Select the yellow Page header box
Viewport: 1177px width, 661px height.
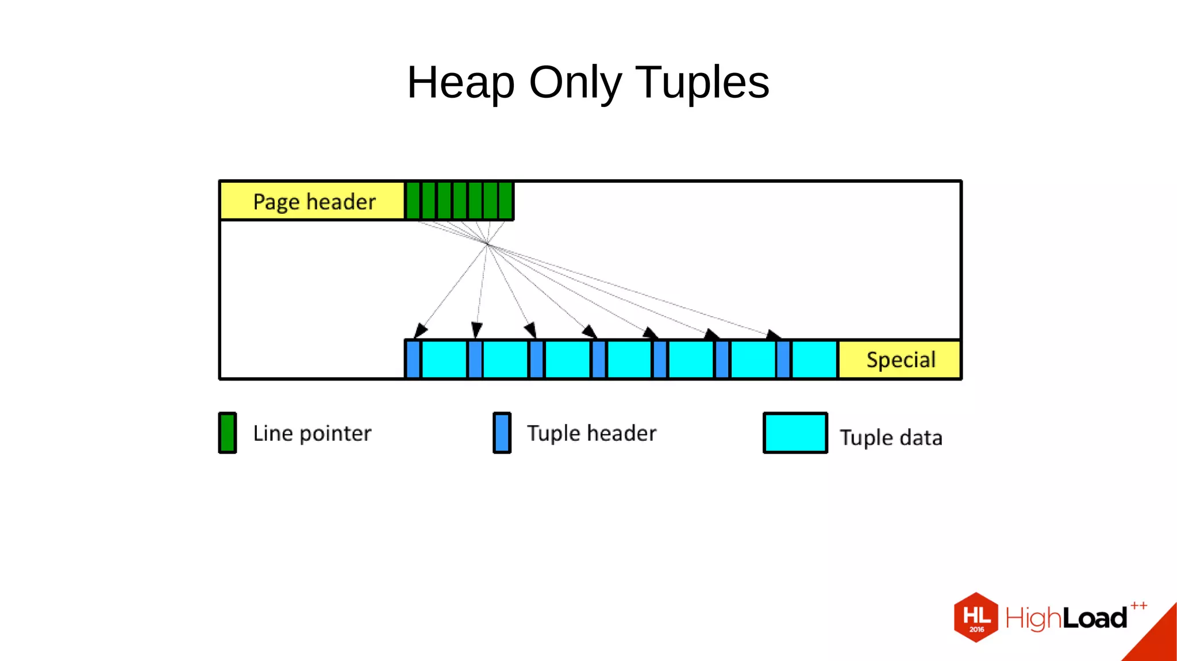[x=313, y=201]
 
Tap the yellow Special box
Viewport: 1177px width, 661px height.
[x=900, y=360]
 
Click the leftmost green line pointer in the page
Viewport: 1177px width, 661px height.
[x=413, y=201]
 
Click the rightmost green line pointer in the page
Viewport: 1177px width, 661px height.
[x=506, y=201]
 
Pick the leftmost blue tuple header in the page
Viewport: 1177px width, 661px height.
[x=413, y=360]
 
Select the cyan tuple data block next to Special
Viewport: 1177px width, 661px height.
[x=814, y=360]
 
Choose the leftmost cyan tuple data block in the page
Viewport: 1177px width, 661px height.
[x=444, y=360]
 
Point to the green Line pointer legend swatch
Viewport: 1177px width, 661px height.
[x=228, y=433]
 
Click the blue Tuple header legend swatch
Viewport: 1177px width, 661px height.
[x=502, y=433]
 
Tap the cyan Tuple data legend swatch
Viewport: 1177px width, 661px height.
[x=795, y=433]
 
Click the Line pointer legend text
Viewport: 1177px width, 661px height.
[x=312, y=433]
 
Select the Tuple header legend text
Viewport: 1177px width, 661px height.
[x=591, y=433]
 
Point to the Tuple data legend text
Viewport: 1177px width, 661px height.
[x=891, y=438]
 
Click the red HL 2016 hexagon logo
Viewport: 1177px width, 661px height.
[x=976, y=617]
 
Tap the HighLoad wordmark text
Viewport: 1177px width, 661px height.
[x=1066, y=618]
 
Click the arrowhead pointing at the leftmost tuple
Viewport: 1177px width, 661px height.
[x=420, y=330]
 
